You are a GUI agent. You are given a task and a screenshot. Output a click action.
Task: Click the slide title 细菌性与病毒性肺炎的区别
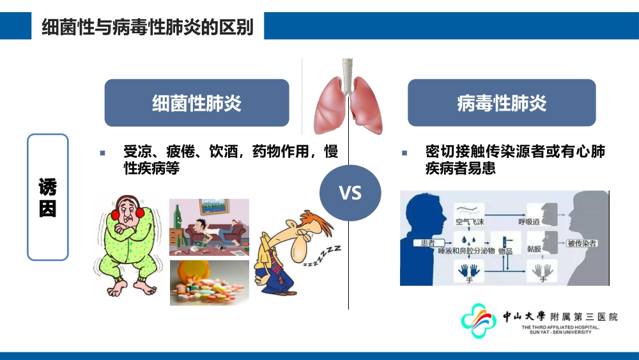pyautogui.click(x=148, y=27)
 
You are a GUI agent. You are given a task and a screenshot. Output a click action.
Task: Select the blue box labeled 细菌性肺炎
pyautogui.click(x=197, y=103)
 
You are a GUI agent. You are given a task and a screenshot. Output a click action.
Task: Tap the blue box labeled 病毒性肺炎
pyautogui.click(x=502, y=103)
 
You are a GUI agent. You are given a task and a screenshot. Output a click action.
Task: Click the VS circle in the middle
pyautogui.click(x=350, y=193)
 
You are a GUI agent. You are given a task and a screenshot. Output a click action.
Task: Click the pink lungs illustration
pyautogui.click(x=348, y=97)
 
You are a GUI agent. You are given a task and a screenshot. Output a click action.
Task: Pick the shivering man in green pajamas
pyautogui.click(x=127, y=245)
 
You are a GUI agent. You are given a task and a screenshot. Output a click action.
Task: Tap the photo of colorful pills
pyautogui.click(x=210, y=283)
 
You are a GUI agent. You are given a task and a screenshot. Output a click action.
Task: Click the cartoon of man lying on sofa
pyautogui.click(x=209, y=227)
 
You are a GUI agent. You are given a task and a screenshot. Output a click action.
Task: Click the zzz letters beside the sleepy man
pyautogui.click(x=322, y=256)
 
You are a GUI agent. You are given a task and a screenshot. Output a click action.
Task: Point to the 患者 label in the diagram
pyautogui.click(x=427, y=243)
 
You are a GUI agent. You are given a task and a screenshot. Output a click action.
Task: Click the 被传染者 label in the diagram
pyautogui.click(x=581, y=244)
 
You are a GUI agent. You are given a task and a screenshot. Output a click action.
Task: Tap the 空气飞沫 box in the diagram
pyautogui.click(x=470, y=215)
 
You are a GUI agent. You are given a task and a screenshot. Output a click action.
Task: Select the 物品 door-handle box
pyautogui.click(x=505, y=244)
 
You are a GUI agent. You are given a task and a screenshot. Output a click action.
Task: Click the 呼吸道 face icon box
pyautogui.click(x=542, y=215)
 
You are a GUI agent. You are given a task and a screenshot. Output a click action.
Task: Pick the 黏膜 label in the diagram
pyautogui.click(x=534, y=249)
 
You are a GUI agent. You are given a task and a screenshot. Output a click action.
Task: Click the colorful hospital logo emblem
pyautogui.click(x=479, y=320)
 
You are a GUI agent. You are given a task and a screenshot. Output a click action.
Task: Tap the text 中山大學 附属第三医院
pyautogui.click(x=560, y=317)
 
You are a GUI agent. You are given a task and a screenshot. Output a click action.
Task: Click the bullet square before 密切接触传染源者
pyautogui.click(x=404, y=153)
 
